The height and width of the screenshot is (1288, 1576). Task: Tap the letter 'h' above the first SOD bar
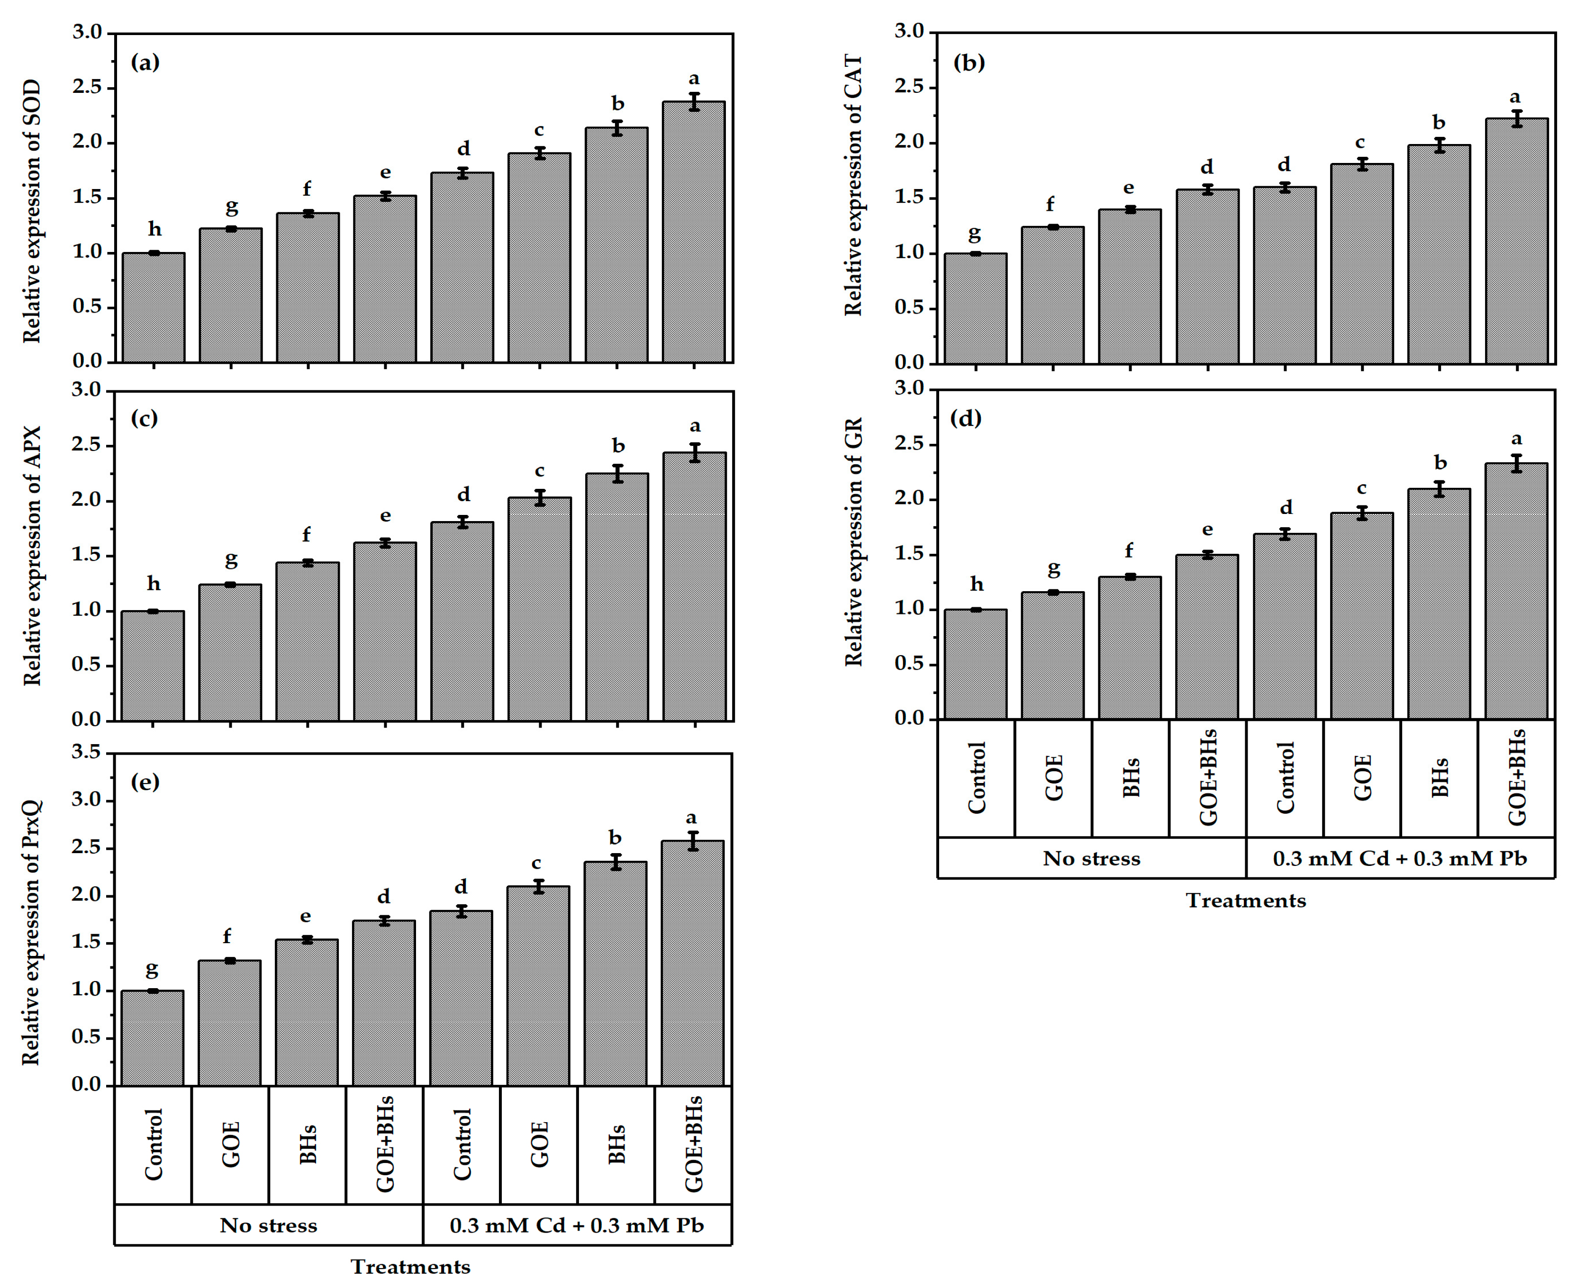point(154,229)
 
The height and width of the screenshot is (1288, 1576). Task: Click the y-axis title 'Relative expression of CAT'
point(854,186)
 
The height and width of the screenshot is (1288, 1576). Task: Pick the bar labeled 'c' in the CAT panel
point(1361,263)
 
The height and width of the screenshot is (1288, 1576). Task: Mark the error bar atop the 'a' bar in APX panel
point(695,452)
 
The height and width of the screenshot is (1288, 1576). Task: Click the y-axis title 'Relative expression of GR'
point(854,541)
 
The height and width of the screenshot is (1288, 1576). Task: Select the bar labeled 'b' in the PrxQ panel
point(615,973)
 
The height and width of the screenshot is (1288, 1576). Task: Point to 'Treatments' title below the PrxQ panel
point(410,1267)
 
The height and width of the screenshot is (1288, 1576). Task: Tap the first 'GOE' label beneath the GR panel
point(1054,777)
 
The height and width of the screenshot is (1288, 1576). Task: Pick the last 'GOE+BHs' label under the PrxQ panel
point(693,1144)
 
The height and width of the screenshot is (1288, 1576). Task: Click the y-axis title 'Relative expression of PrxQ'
point(31,932)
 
